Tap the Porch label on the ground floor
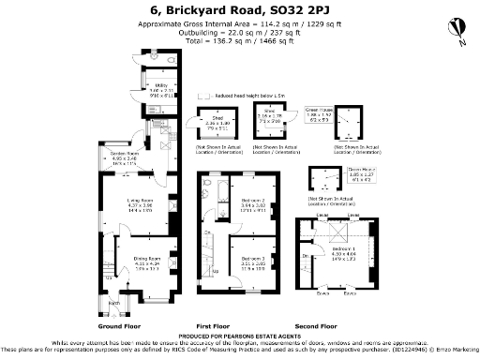point(114,304)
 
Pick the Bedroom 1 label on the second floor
point(343,249)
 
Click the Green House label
point(348,111)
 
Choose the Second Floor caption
point(341,325)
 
